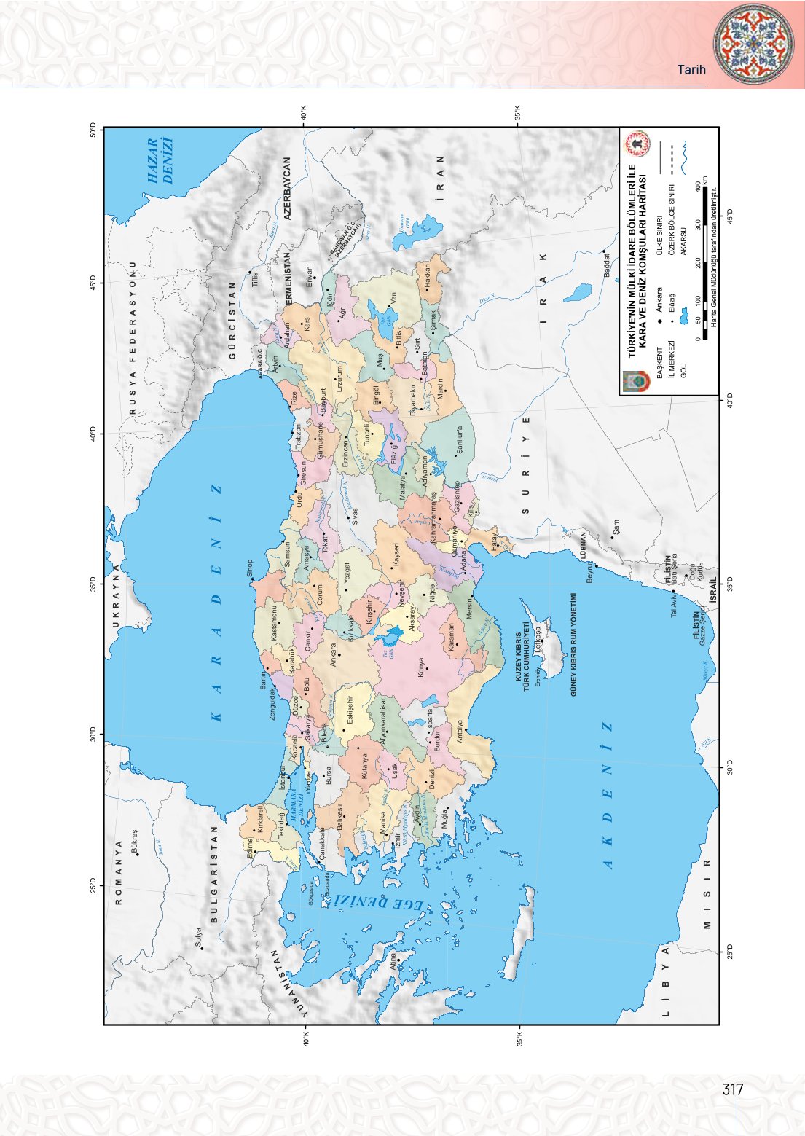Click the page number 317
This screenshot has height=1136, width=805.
pos(732,1089)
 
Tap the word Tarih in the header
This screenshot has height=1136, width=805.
pos(691,70)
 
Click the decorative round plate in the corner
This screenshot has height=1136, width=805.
pos(753,44)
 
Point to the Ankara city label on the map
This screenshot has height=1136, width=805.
pos(334,654)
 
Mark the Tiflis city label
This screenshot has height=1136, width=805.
pos(255,280)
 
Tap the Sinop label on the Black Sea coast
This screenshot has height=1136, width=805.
pos(249,568)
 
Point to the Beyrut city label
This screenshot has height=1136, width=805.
pos(591,573)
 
